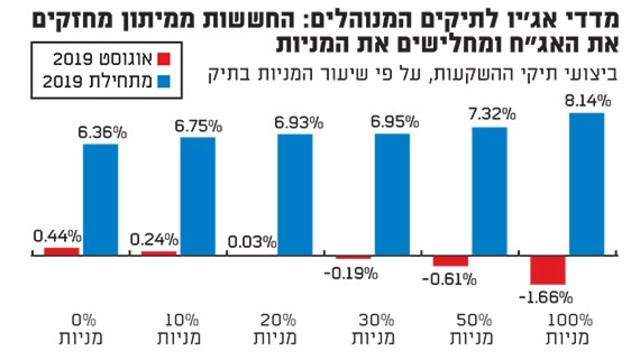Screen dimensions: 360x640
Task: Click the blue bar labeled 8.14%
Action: (587, 184)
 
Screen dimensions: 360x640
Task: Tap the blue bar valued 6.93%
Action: (295, 195)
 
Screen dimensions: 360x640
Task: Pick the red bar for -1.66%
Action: (548, 270)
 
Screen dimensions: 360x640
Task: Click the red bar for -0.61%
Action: (450, 261)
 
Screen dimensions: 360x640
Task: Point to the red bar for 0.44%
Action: (61, 251)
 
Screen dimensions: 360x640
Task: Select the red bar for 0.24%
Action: (159, 253)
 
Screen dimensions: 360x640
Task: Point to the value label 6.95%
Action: (393, 122)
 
